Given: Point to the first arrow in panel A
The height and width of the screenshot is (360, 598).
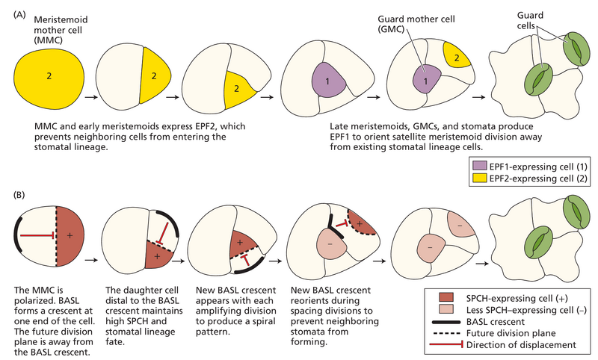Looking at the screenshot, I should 90,96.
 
